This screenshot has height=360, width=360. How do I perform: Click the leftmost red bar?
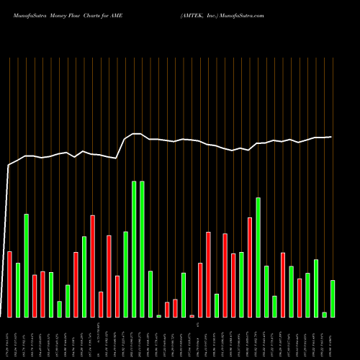coord(9,284)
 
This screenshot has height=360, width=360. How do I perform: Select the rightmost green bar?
coord(333,299)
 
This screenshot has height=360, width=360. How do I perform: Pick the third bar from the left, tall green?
coord(26,266)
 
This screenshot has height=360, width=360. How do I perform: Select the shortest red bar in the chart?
coord(192,316)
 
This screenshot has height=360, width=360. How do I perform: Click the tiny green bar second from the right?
coord(324,315)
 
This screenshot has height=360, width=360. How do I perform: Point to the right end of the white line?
coord(331,137)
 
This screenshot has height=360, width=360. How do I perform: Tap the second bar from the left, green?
coord(18,290)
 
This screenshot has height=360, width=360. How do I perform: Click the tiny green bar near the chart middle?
coord(158,316)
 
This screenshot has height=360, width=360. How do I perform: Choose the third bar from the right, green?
coord(316,288)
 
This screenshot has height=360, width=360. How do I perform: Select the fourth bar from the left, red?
coord(35,296)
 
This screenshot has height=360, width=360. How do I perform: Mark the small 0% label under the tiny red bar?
coord(192,325)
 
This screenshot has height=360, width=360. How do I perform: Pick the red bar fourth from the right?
coord(300,298)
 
